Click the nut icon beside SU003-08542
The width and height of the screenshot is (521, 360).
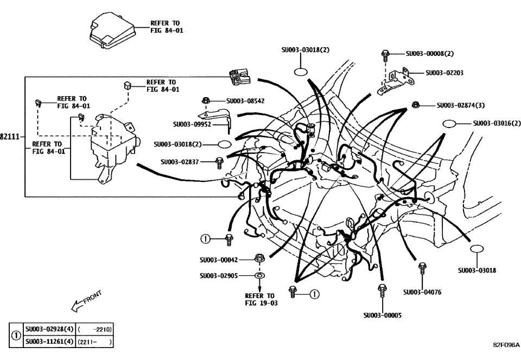(x=206, y=100)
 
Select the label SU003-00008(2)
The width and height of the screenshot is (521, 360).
(x=429, y=54)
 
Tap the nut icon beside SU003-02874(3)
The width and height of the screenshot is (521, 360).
(x=416, y=105)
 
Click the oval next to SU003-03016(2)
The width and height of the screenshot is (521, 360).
(x=452, y=124)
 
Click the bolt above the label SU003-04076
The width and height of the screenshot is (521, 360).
(x=422, y=269)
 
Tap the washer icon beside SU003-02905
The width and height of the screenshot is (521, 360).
(x=260, y=276)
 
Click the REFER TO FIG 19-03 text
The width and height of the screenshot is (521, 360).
(x=260, y=300)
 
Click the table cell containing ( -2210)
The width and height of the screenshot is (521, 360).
(x=95, y=330)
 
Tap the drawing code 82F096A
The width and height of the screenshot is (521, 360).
(x=505, y=345)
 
